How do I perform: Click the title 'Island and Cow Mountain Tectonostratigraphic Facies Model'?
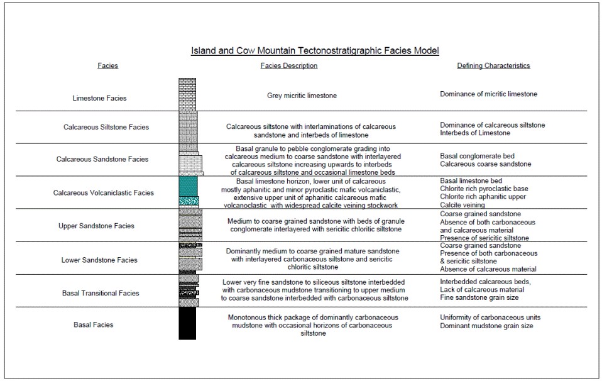(x=314, y=50)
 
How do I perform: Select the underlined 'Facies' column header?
(x=107, y=66)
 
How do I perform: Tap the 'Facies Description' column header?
(x=288, y=66)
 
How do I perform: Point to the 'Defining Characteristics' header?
(x=493, y=66)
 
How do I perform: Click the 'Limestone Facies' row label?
(x=99, y=98)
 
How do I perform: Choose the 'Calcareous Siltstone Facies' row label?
(x=106, y=127)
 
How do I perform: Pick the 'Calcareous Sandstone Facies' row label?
(x=106, y=159)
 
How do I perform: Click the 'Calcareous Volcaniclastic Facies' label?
(x=103, y=192)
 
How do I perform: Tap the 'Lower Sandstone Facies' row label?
(x=99, y=260)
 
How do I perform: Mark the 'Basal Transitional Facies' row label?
(x=101, y=293)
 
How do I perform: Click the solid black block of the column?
(x=187, y=323)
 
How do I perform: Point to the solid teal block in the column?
(x=189, y=185)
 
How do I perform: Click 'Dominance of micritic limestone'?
(x=488, y=94)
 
